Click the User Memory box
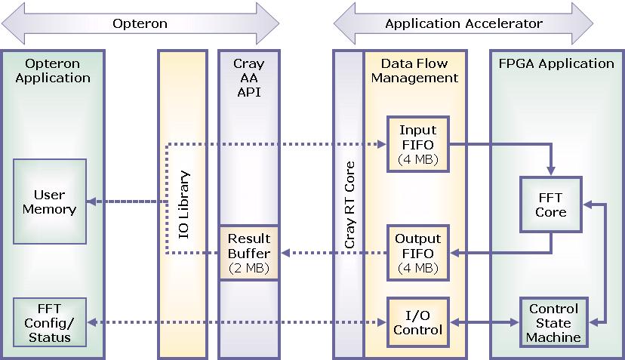(50, 202)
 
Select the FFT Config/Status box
(50, 322)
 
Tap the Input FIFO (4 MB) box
(417, 143)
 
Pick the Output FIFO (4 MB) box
(417, 253)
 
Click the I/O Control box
(417, 322)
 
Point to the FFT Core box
(550, 205)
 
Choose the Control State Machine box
(553, 322)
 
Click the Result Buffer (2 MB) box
(249, 253)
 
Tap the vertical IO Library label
(183, 205)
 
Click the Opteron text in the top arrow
(140, 23)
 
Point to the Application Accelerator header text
(463, 23)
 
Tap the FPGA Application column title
(556, 63)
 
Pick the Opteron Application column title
(53, 70)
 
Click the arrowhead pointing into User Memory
(91, 202)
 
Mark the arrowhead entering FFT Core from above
(551, 171)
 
